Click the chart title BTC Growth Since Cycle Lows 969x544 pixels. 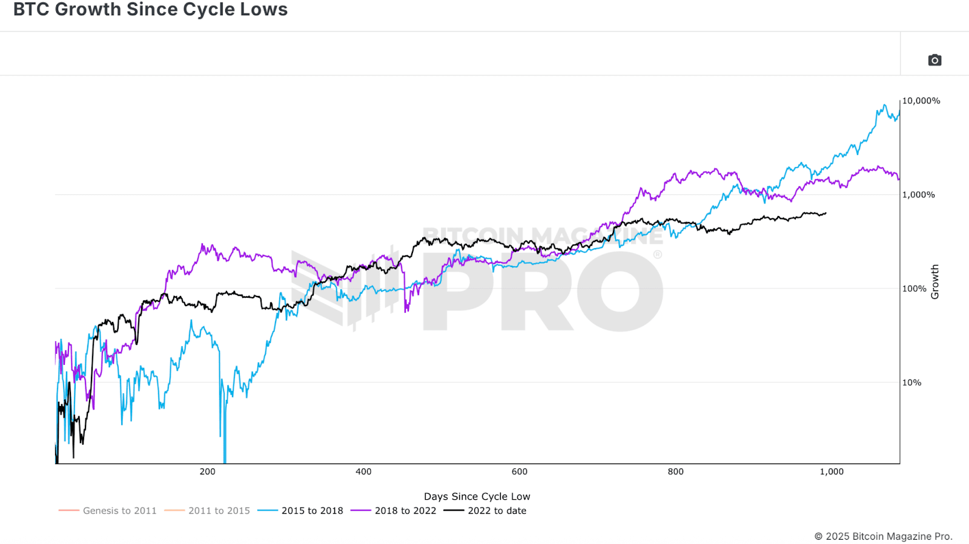coord(150,10)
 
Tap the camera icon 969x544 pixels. coord(934,60)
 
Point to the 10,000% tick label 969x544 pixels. coord(921,101)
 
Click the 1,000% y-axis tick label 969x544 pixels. coord(919,195)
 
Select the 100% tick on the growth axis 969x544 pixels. coord(914,289)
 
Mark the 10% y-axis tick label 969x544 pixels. coord(911,382)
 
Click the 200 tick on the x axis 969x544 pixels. coord(207,472)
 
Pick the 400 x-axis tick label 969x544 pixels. coord(363,472)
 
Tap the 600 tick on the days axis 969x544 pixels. coord(520,472)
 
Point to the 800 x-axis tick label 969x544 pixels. coord(675,472)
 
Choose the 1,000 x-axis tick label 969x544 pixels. coord(832,472)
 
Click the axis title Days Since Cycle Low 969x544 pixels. coord(477,497)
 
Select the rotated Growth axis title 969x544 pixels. coord(935,281)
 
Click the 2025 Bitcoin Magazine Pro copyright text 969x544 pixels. coord(883,536)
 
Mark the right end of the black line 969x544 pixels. coord(825,213)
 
